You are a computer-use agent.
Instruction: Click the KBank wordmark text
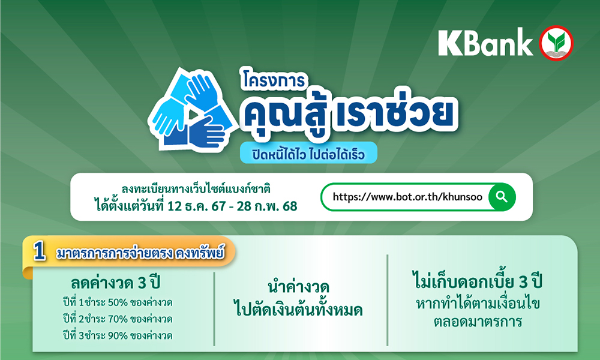[485, 43]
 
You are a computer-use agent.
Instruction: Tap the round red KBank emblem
[556, 43]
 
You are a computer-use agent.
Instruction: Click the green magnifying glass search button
[502, 197]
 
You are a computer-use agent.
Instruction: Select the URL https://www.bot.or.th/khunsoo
[407, 197]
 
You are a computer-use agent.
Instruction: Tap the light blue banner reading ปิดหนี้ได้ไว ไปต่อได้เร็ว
[308, 152]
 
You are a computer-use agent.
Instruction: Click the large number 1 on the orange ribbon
[39, 252]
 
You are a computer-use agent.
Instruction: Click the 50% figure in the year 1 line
[118, 302]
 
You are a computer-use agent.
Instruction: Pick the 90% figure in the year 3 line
[118, 336]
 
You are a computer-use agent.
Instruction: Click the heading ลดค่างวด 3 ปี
[116, 283]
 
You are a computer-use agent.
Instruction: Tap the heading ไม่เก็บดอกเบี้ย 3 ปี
[478, 281]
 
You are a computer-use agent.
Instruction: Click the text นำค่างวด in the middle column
[298, 287]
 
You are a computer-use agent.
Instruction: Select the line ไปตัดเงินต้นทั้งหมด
[298, 309]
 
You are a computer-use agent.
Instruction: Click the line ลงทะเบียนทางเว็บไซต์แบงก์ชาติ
[196, 189]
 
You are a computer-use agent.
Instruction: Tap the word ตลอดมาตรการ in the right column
[478, 322]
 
